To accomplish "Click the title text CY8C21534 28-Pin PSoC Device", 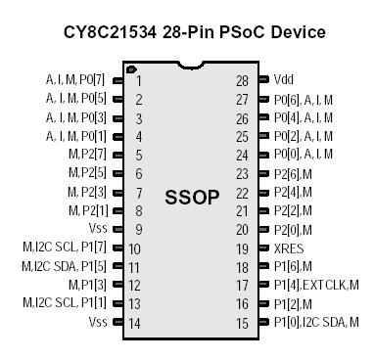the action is tap(188, 32).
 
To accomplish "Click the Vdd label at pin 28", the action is tap(284, 80).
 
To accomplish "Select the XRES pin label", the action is tap(290, 247).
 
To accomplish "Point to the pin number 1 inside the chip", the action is tap(139, 81).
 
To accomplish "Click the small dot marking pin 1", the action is tap(130, 69).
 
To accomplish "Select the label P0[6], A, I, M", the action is tap(304, 99).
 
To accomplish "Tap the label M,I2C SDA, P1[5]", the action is tap(64, 266).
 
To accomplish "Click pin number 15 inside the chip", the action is tap(242, 322).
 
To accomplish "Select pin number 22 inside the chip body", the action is tap(242, 192).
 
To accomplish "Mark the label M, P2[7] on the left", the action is tap(87, 155).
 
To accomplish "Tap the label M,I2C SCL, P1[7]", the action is tap(64, 247).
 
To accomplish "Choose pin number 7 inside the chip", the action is tap(139, 192).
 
